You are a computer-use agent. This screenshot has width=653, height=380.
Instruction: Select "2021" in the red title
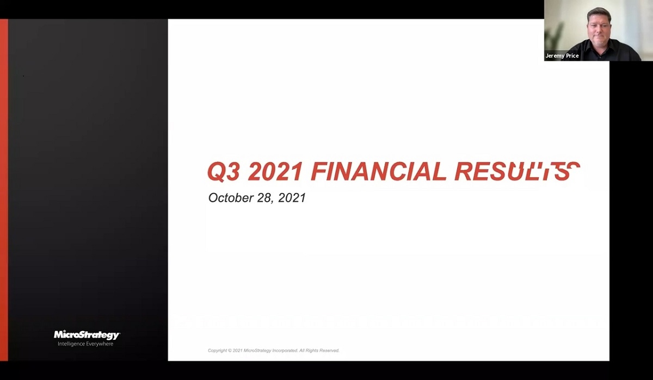click(x=275, y=172)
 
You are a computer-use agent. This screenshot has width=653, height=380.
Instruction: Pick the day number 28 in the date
click(x=264, y=198)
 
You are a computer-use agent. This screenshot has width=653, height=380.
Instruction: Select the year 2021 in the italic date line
click(x=292, y=198)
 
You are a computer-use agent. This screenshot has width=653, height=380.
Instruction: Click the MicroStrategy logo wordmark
click(x=87, y=335)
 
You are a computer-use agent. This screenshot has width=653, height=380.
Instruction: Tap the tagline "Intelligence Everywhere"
click(x=85, y=344)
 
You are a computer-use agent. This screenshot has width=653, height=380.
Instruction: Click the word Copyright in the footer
click(x=218, y=351)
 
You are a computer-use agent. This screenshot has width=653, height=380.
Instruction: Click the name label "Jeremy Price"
click(x=562, y=56)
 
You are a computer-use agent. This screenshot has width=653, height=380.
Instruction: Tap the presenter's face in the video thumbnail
click(x=599, y=26)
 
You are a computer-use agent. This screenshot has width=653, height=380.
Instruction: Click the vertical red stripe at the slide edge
click(x=4, y=190)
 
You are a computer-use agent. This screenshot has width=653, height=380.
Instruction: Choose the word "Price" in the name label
click(x=572, y=56)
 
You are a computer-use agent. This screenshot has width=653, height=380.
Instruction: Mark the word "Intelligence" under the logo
click(x=71, y=344)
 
